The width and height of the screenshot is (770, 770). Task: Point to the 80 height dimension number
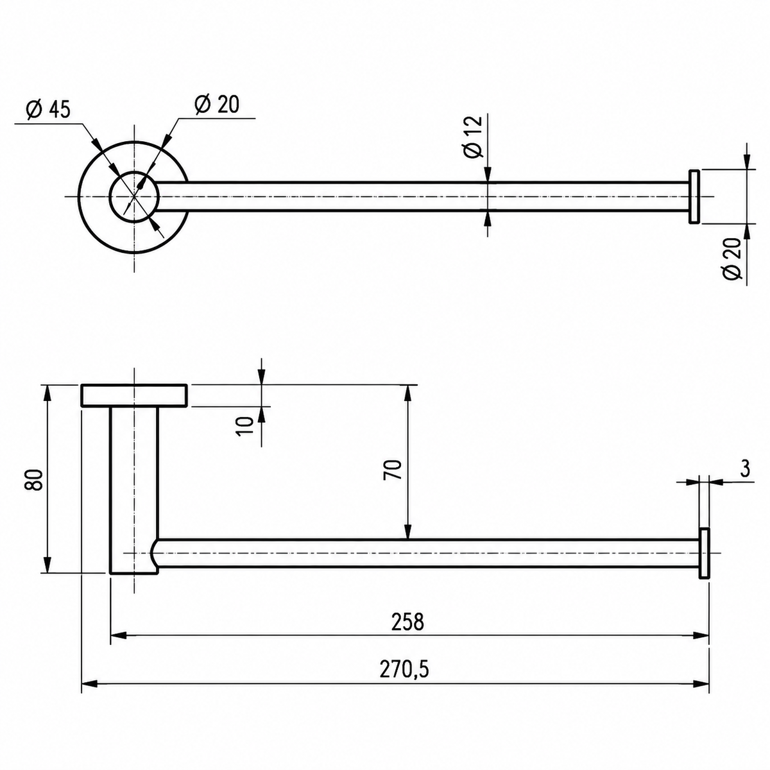[33, 480]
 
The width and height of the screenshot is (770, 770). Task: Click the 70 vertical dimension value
[392, 469]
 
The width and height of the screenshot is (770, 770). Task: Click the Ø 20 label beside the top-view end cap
[732, 259]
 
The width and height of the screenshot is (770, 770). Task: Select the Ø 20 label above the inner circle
[217, 105]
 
